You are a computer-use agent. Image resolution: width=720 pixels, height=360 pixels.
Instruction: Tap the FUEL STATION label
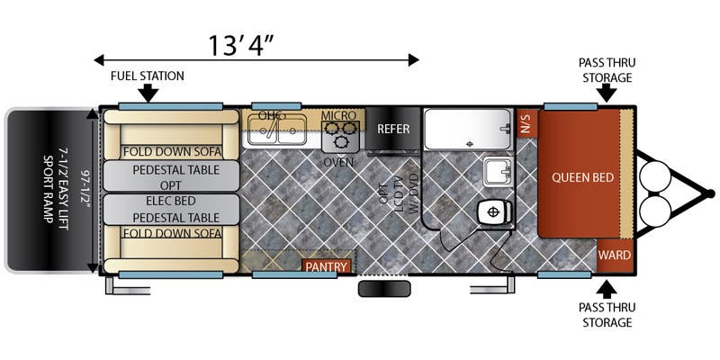coord(148,76)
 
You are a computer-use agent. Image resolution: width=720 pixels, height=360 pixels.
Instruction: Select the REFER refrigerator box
coord(393,129)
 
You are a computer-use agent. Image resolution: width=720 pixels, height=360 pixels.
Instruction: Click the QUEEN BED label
coord(582,177)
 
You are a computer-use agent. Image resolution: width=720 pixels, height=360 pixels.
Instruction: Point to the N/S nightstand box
coord(526,123)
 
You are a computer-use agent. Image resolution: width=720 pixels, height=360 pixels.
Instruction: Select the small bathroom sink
coord(499,171)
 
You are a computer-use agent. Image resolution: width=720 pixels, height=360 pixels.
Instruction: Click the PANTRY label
coord(327,266)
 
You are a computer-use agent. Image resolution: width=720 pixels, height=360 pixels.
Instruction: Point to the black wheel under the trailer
coord(384,288)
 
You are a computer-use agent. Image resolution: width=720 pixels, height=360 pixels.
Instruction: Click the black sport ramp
coord(49,190)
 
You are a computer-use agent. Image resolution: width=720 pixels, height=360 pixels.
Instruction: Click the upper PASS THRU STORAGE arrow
coord(608,94)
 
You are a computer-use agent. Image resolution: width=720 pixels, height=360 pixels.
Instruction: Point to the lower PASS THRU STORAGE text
coord(607,314)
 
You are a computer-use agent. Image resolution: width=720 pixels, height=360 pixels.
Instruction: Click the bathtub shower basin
coord(467,129)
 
